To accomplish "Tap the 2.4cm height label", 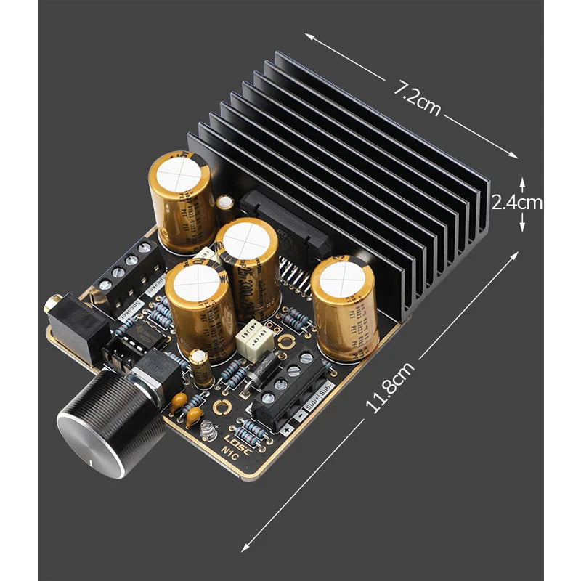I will coord(517,203).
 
